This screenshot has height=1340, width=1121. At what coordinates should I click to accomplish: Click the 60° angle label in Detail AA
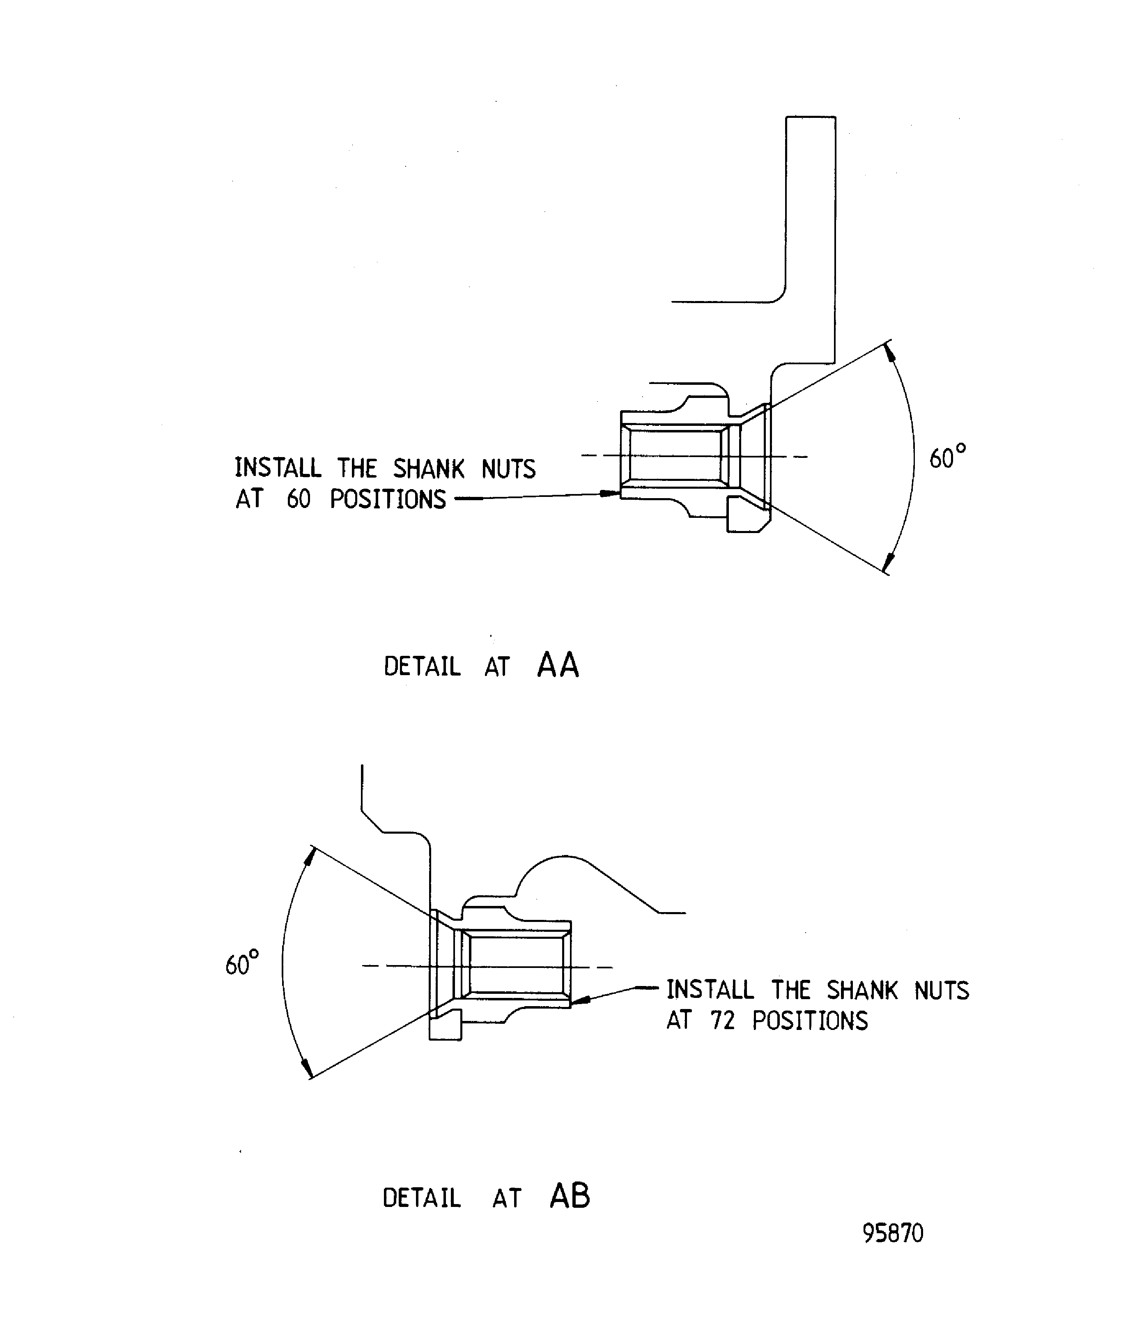tap(947, 457)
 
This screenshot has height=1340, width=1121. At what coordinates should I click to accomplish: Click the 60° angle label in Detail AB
tap(242, 963)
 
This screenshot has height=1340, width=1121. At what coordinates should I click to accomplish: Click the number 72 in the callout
tap(722, 1021)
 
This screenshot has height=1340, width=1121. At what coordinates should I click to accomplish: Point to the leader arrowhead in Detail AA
tap(611, 493)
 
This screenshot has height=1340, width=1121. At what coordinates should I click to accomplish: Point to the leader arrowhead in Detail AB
tap(579, 1000)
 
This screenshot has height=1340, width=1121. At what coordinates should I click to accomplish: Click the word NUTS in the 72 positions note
tap(941, 991)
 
